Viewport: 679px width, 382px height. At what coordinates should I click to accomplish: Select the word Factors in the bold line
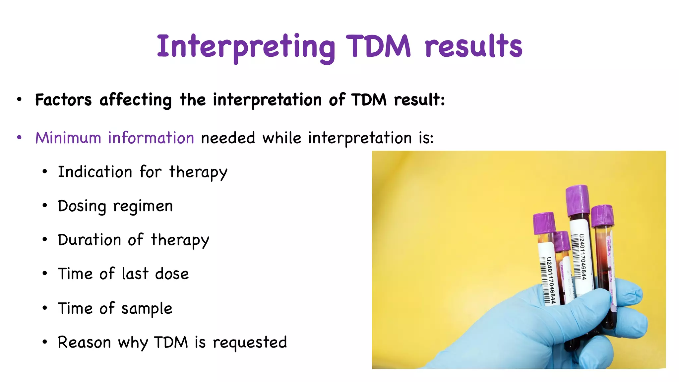(63, 100)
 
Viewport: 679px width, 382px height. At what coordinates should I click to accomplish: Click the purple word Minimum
(68, 138)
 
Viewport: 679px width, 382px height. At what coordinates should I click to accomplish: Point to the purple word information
(151, 138)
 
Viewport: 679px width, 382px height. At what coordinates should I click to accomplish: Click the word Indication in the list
(95, 172)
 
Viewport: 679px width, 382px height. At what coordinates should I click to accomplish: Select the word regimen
(143, 207)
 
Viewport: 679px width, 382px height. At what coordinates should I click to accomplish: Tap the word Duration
(89, 240)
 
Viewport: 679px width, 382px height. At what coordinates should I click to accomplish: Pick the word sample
(147, 309)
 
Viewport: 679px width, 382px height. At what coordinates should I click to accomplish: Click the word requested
(250, 343)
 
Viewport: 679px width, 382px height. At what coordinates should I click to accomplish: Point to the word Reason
(84, 343)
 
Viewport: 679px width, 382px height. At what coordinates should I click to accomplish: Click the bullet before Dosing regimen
(45, 206)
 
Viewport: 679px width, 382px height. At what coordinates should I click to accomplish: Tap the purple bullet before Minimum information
(19, 138)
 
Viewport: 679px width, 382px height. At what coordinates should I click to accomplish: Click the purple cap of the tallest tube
(577, 200)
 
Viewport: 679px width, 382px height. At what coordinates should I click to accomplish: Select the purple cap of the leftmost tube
(544, 223)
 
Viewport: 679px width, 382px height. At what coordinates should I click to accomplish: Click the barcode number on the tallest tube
(583, 257)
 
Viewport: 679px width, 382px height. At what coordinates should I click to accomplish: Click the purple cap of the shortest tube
(562, 241)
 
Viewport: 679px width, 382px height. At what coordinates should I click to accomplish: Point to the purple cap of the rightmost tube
(602, 216)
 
